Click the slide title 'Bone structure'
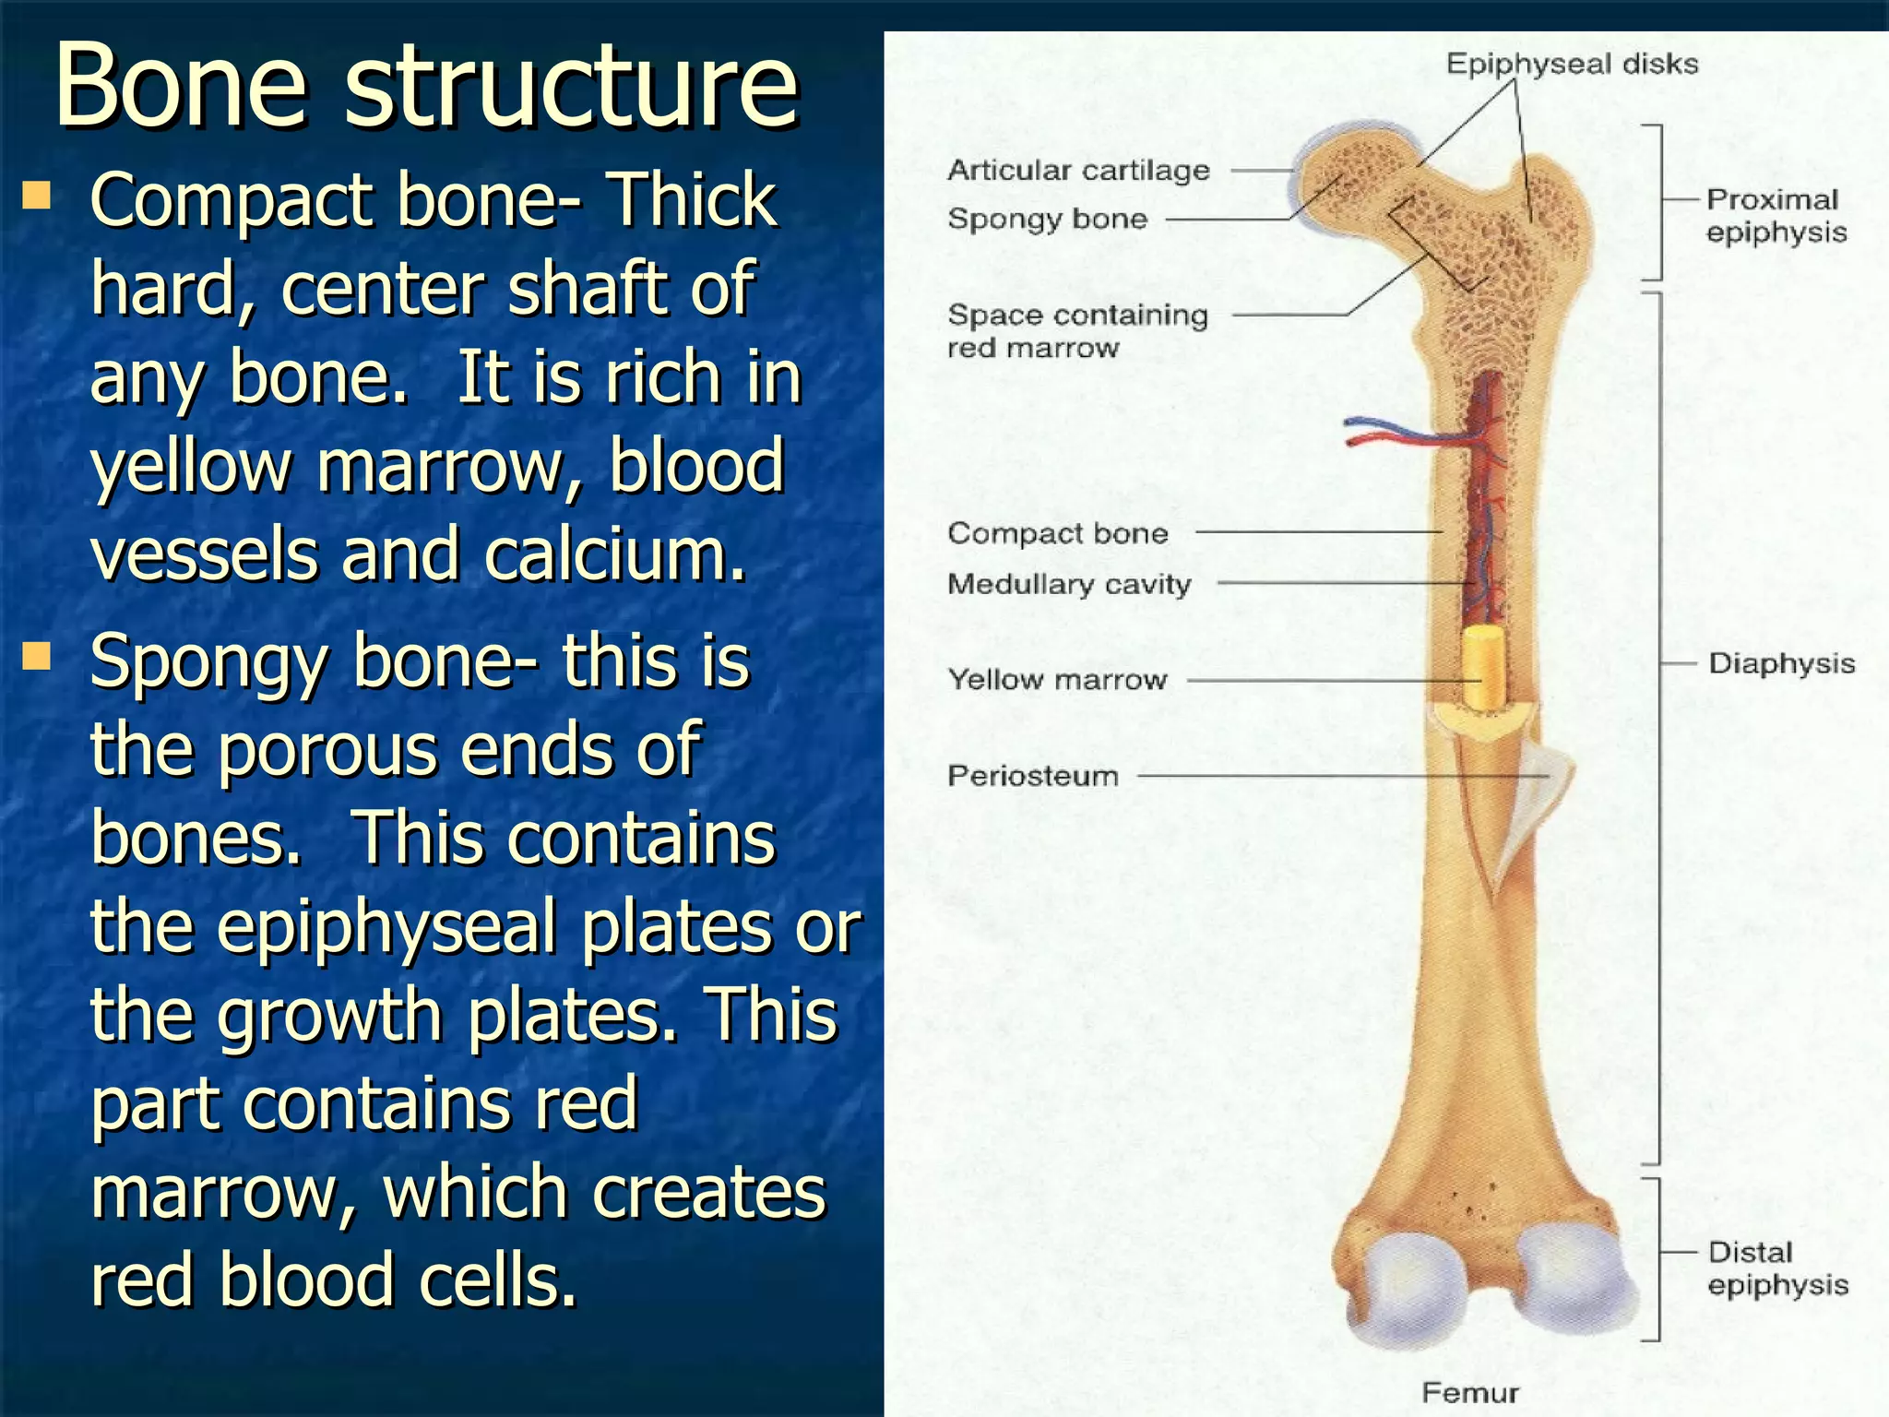click(426, 85)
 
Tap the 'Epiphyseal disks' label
click(1571, 64)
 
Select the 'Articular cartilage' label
click(1078, 170)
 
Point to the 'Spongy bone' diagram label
click(1047, 219)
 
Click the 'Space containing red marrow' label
click(1077, 331)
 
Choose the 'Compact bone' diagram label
click(1057, 533)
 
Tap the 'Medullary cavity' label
click(1069, 584)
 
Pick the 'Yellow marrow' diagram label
click(1057, 680)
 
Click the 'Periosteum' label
click(1033, 776)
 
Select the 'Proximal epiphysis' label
click(1776, 216)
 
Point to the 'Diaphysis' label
click(1781, 663)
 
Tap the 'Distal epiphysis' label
click(1777, 1268)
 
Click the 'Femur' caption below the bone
click(1470, 1392)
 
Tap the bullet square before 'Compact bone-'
click(38, 195)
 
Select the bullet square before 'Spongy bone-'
click(38, 656)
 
